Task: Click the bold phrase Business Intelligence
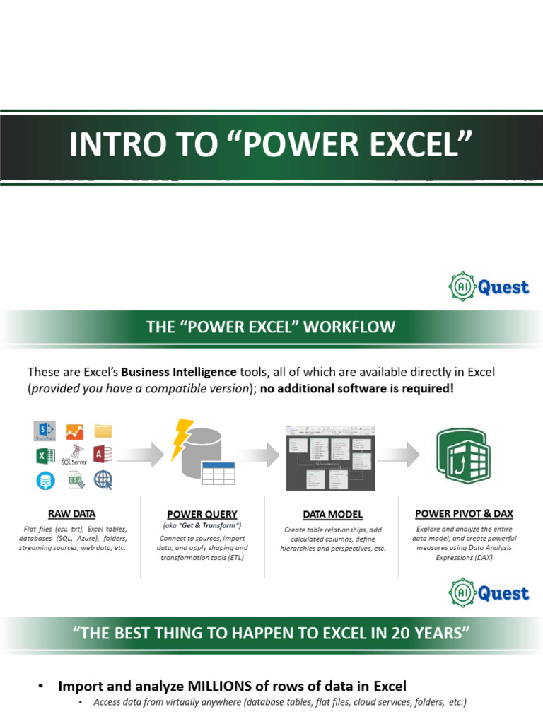click(x=179, y=371)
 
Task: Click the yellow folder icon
click(x=103, y=431)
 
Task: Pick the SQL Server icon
click(x=74, y=455)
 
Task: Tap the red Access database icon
click(x=103, y=455)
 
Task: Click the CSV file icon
click(x=75, y=480)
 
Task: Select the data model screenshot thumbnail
click(x=330, y=457)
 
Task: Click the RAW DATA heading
click(x=71, y=513)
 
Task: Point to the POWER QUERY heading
click(x=202, y=514)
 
